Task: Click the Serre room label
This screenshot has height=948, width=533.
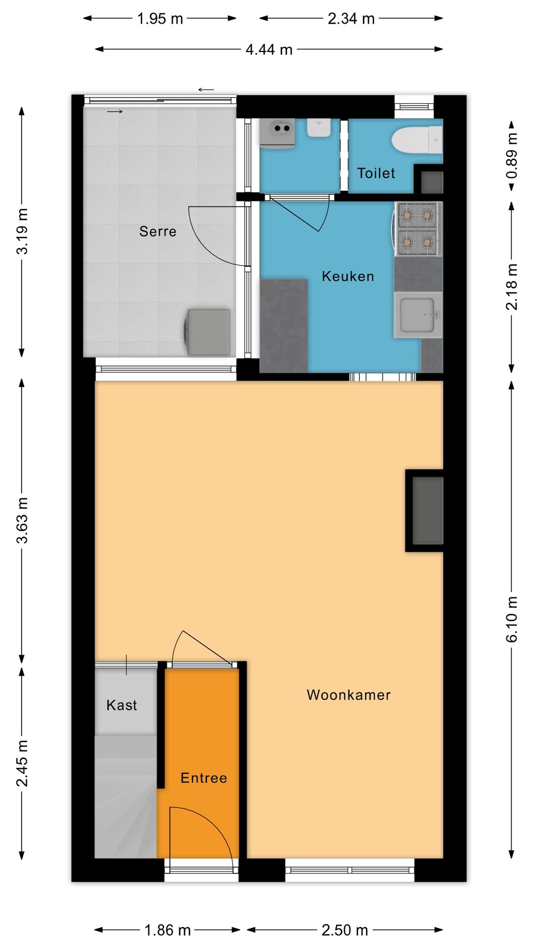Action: [x=157, y=231]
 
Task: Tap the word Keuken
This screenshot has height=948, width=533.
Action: [x=347, y=276]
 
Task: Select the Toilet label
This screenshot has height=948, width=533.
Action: [x=376, y=173]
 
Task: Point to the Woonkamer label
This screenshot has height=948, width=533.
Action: [x=348, y=695]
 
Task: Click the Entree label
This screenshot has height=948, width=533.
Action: [x=204, y=778]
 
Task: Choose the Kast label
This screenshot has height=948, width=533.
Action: [x=121, y=705]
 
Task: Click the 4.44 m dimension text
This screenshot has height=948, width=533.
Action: [x=269, y=49]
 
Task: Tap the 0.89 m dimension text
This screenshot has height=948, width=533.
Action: [x=512, y=156]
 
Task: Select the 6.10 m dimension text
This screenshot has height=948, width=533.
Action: [x=512, y=620]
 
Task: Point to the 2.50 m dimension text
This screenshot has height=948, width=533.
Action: [x=344, y=930]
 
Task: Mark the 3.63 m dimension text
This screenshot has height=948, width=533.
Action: [x=22, y=520]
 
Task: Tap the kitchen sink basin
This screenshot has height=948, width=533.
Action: [x=418, y=314]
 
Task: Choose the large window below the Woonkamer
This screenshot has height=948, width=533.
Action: [x=350, y=869]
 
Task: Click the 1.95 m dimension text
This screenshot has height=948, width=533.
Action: [x=160, y=19]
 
